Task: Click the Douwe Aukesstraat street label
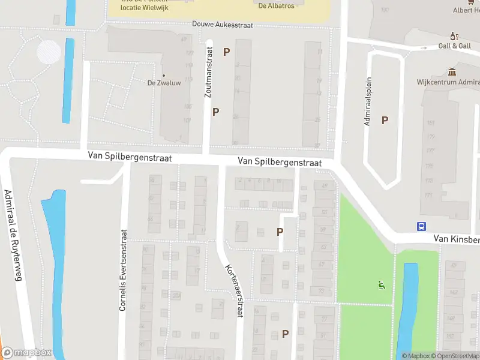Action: [223, 25]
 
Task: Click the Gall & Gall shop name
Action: [454, 46]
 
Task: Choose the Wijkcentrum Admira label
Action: [448, 83]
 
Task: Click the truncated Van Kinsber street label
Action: [457, 239]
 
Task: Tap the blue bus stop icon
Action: [422, 226]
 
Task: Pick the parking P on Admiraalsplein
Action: [385, 120]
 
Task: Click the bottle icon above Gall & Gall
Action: [454, 35]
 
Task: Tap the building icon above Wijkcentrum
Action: [454, 71]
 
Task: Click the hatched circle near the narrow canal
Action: [49, 52]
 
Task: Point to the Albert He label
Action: [466, 10]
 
